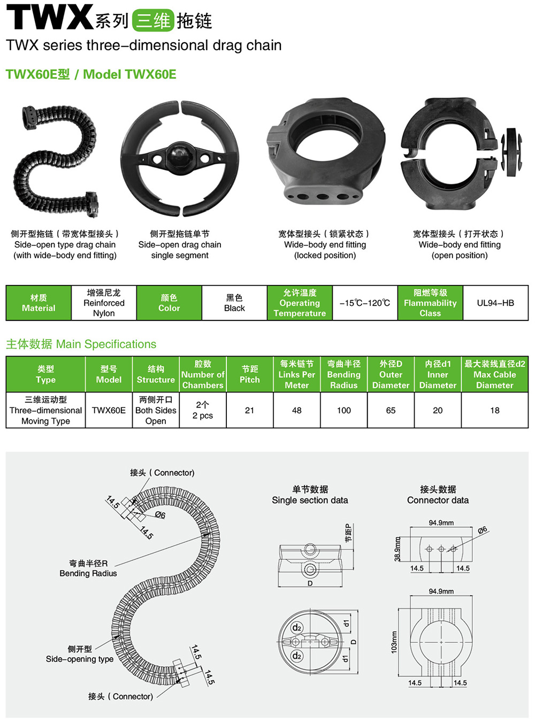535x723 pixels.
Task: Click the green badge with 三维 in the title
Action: [153, 20]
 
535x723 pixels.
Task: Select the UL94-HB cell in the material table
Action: [495, 303]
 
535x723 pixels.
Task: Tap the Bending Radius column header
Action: [344, 374]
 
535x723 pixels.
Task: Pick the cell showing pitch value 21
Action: [249, 410]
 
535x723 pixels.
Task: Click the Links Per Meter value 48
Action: [296, 410]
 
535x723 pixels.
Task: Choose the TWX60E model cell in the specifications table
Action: [109, 410]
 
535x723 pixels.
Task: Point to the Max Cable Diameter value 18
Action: [494, 410]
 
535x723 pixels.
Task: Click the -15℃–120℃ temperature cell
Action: [365, 303]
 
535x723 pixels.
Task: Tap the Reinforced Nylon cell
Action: [104, 303]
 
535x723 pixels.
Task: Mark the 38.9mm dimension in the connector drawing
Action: [397, 549]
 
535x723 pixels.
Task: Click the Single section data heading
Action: [310, 500]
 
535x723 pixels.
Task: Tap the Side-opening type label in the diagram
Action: [80, 659]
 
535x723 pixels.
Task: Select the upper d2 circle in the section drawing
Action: [296, 627]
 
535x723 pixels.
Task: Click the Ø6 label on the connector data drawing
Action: [483, 530]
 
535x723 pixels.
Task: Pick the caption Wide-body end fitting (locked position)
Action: [325, 250]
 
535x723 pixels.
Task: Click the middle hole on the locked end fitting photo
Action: [322, 197]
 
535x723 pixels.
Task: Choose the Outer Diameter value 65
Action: [391, 410]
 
